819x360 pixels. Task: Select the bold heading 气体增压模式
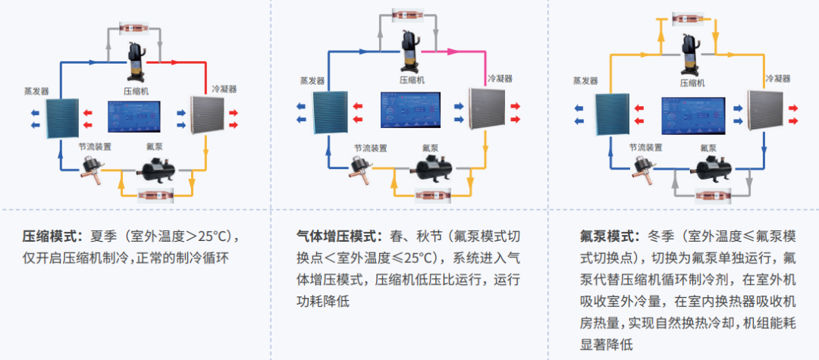click(x=340, y=235)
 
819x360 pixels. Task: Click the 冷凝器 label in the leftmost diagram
click(x=224, y=89)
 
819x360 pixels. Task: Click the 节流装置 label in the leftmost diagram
click(x=95, y=145)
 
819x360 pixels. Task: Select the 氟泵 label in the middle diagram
click(x=431, y=147)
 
